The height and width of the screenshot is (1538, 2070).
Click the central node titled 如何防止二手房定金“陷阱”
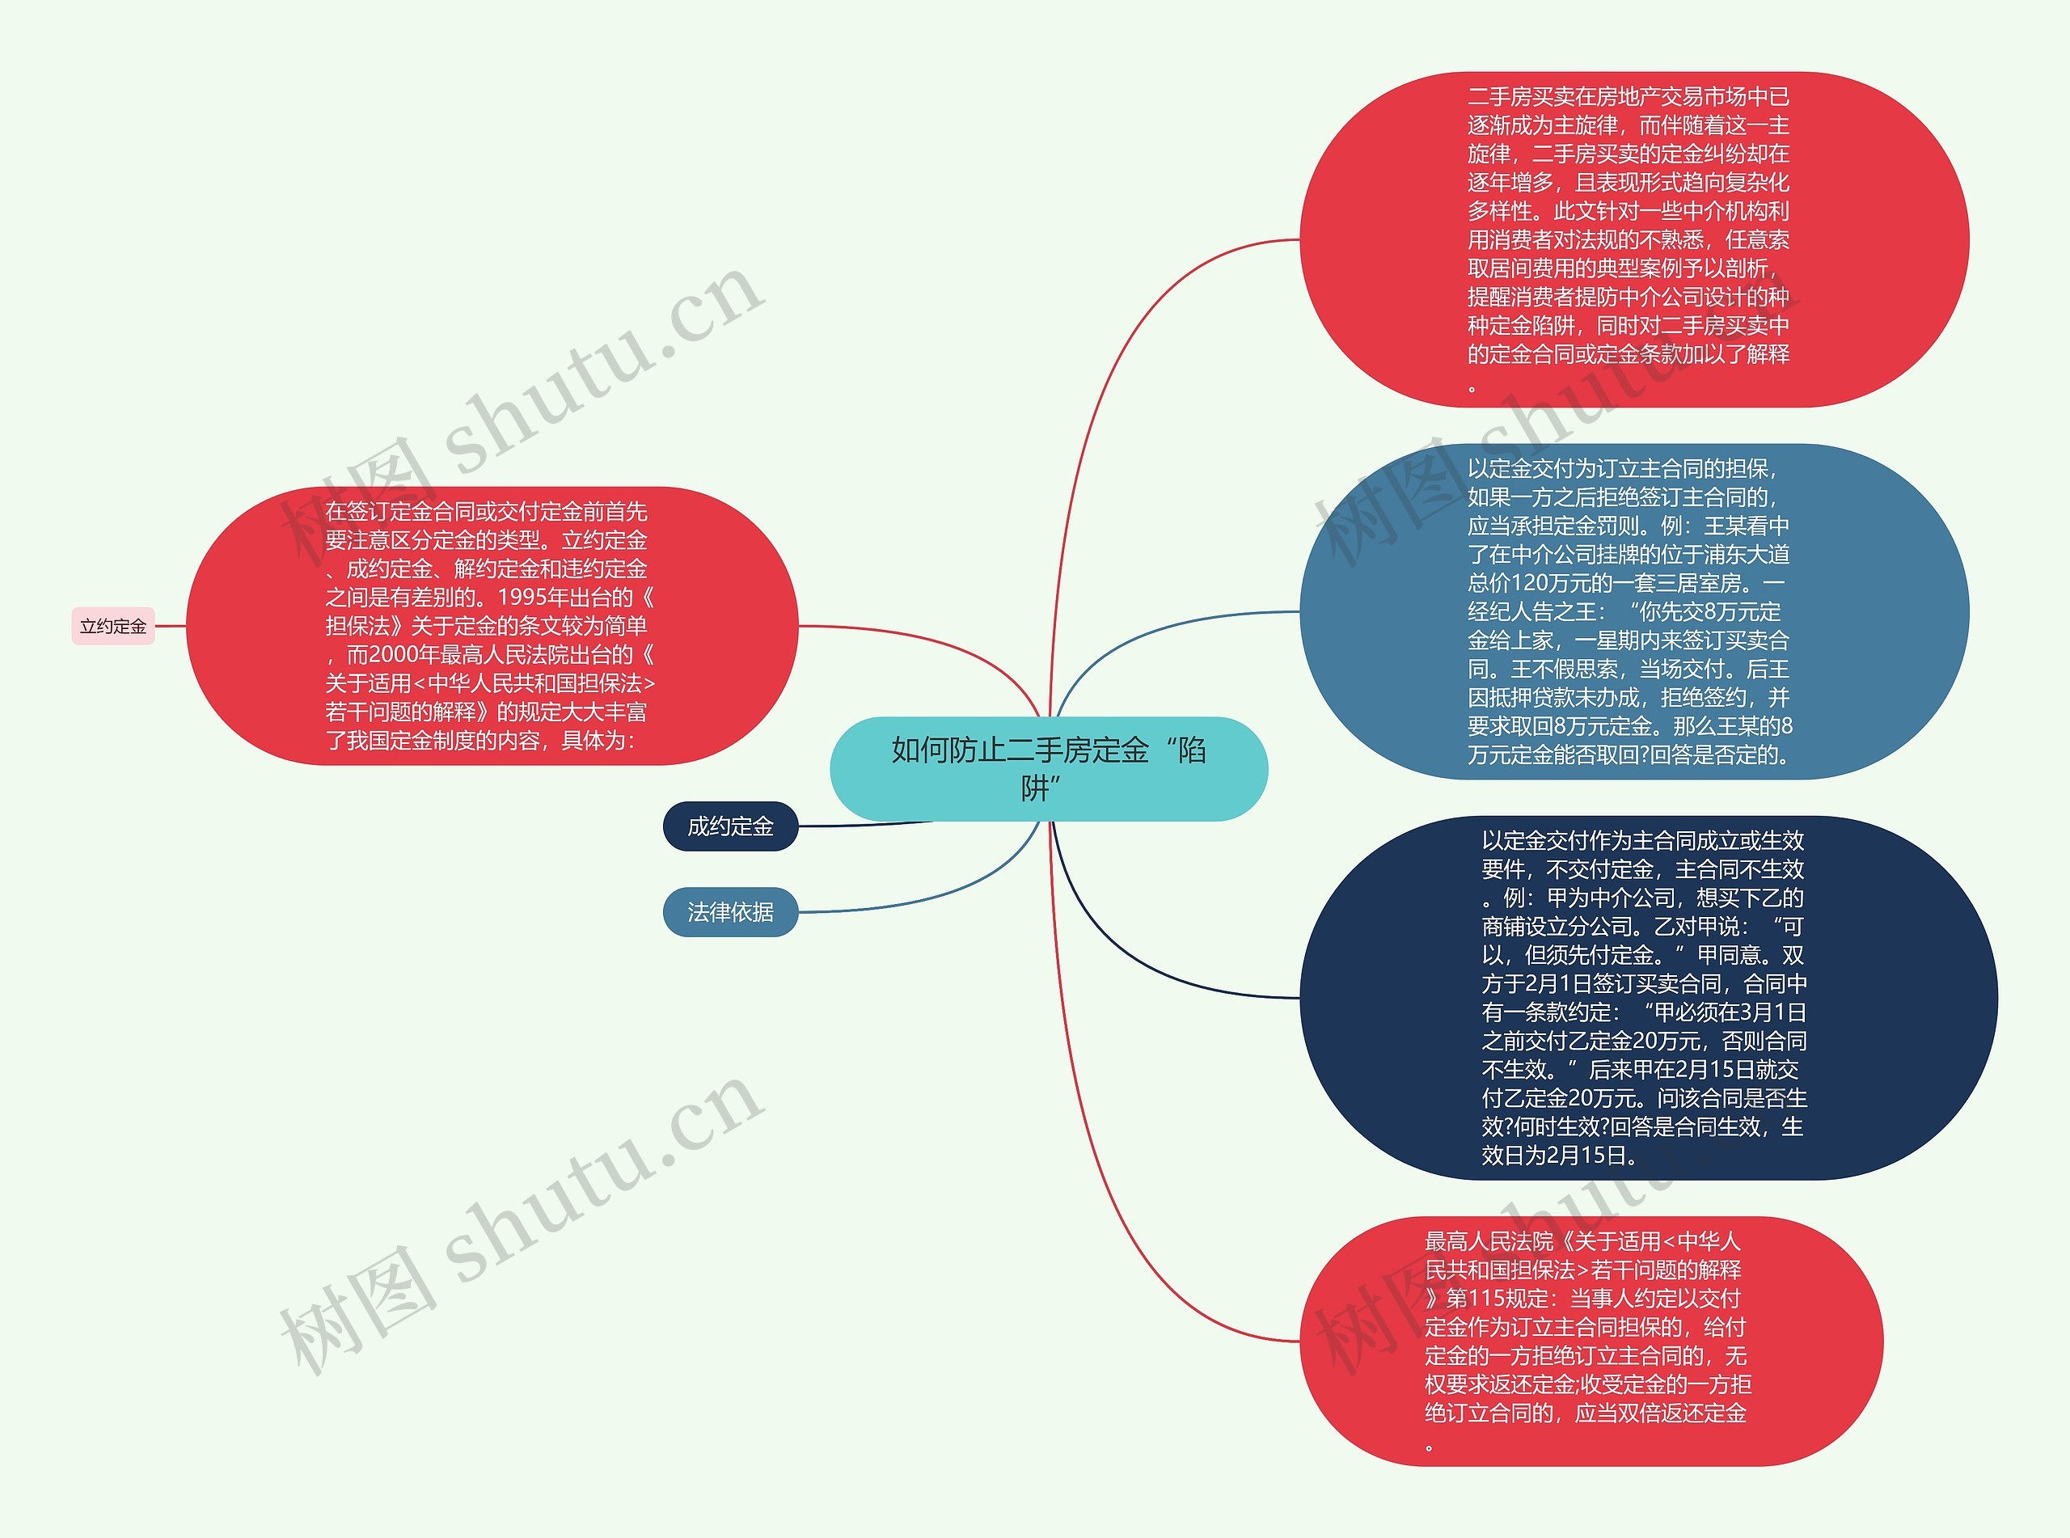pyautogui.click(x=1048, y=768)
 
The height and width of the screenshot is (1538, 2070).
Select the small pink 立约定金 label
pyautogui.click(x=112, y=627)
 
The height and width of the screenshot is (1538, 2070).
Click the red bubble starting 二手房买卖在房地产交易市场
pyautogui.click(x=1633, y=239)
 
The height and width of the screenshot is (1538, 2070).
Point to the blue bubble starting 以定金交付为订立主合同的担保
pyautogui.click(x=1633, y=611)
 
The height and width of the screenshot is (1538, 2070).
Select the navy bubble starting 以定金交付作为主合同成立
pyautogui.click(x=1647, y=997)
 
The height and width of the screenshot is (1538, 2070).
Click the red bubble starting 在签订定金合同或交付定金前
pyautogui.click(x=492, y=626)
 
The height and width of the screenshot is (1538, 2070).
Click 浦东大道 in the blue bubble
pyautogui.click(x=1746, y=555)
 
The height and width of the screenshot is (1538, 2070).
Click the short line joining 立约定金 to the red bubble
pyautogui.click(x=171, y=627)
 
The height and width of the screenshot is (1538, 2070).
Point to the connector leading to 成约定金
pyautogui.click(x=866, y=825)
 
